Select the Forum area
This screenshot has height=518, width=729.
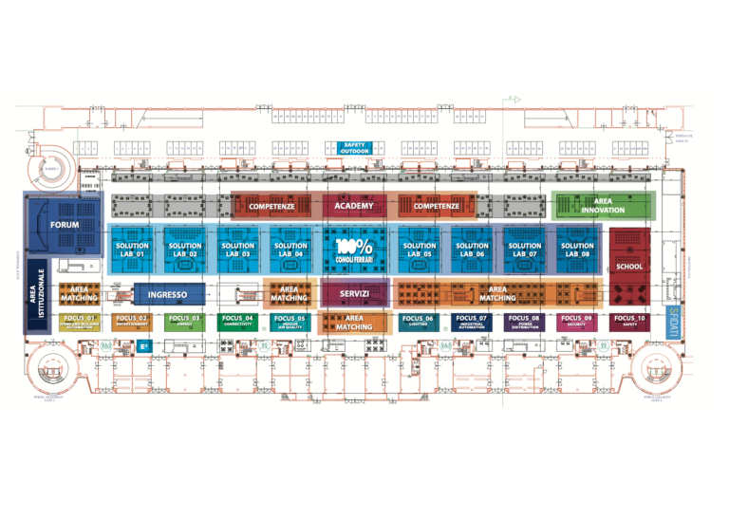65,225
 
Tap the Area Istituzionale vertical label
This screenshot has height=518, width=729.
38,294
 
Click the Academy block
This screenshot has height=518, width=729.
354,206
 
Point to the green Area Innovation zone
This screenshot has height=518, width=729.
603,206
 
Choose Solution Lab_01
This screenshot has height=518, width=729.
132,250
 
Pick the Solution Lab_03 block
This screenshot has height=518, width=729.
237,250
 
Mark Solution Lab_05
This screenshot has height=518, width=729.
420,250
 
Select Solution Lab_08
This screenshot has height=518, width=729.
577,250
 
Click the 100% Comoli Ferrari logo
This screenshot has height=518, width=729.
354,250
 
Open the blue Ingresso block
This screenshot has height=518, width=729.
168,294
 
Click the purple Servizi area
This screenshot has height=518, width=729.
354,294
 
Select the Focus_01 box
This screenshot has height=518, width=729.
79,322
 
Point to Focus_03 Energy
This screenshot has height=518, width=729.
184,322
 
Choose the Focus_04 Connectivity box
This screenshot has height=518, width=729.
237,322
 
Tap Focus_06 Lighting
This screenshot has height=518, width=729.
418,322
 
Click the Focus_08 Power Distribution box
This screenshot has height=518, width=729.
523,322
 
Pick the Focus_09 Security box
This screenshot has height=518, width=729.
576,322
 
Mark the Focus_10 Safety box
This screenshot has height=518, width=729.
628,322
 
